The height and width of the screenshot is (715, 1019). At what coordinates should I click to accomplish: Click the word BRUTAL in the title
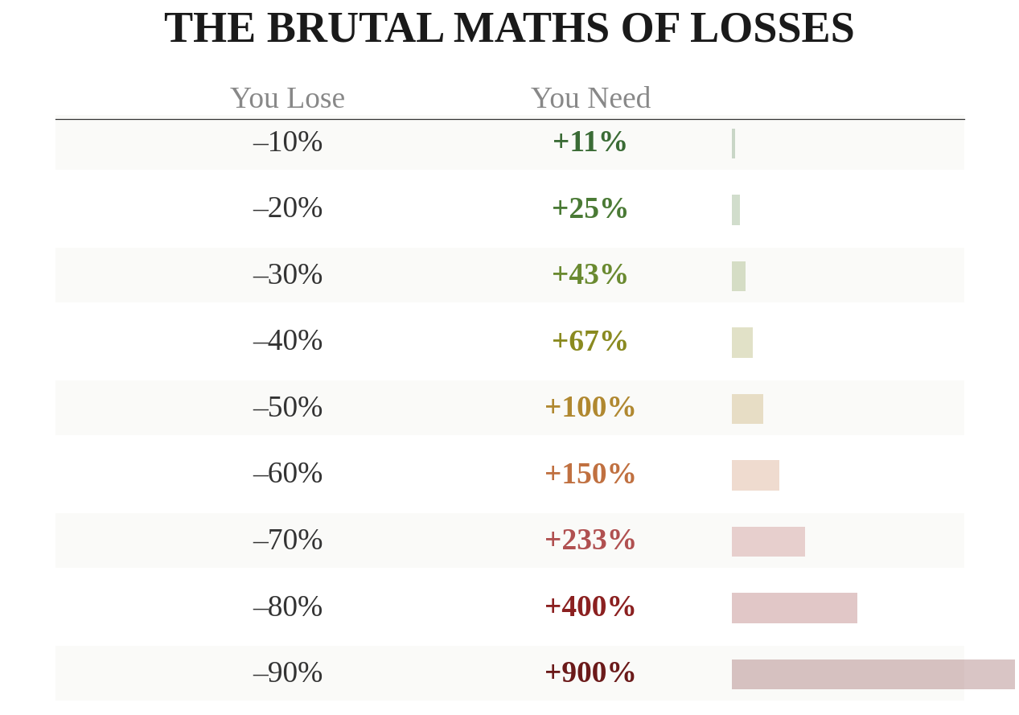pyautogui.click(x=355, y=28)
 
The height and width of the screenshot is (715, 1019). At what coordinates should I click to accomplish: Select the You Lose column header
pyautogui.click(x=287, y=98)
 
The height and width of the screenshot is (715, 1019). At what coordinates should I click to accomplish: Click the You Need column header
pyautogui.click(x=590, y=98)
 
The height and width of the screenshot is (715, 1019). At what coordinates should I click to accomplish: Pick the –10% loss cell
pyautogui.click(x=287, y=142)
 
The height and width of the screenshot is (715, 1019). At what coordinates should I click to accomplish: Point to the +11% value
pyautogui.click(x=589, y=142)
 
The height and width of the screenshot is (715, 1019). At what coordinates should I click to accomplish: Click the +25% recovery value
pyautogui.click(x=589, y=209)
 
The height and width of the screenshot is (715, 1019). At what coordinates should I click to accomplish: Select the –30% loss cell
pyautogui.click(x=287, y=275)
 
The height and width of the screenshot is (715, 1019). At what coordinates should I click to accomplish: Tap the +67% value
pyautogui.click(x=589, y=342)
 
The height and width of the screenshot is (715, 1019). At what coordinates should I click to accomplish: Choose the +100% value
pyautogui.click(x=589, y=408)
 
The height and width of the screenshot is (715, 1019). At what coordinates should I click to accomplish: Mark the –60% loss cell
pyautogui.click(x=287, y=474)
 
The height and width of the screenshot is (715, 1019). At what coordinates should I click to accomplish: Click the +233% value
pyautogui.click(x=589, y=540)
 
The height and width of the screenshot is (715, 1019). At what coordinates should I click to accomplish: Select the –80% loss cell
pyautogui.click(x=287, y=607)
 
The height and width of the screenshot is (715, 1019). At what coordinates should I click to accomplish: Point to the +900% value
pyautogui.click(x=589, y=673)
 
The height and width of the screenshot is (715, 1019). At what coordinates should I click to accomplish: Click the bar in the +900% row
pyautogui.click(x=873, y=675)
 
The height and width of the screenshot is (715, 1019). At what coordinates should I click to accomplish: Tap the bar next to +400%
pyautogui.click(x=794, y=608)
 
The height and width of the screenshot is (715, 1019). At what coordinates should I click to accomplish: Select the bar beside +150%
pyautogui.click(x=755, y=475)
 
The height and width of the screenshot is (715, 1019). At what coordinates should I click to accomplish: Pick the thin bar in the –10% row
pyautogui.click(x=733, y=144)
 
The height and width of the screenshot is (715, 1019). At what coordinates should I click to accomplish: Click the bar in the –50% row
pyautogui.click(x=747, y=409)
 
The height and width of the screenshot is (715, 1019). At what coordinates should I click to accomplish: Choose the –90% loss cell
pyautogui.click(x=287, y=673)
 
